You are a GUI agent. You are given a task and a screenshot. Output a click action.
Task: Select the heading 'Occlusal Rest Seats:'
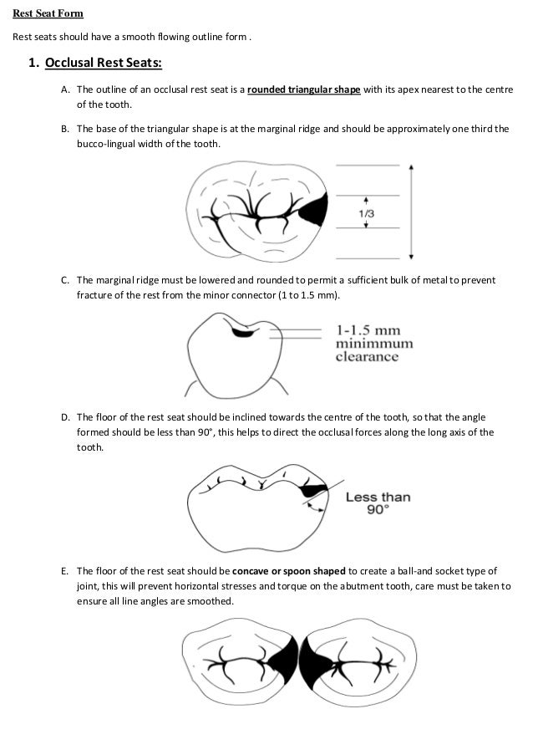pyautogui.click(x=101, y=64)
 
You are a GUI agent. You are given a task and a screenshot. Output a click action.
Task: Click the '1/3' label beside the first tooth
pyautogui.click(x=366, y=212)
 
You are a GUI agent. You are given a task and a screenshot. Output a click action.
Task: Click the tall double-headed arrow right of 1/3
pyautogui.click(x=411, y=212)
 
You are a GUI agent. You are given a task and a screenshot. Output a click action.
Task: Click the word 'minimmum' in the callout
pyautogui.click(x=375, y=343)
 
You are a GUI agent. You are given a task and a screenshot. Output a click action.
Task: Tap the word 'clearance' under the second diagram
pyautogui.click(x=367, y=357)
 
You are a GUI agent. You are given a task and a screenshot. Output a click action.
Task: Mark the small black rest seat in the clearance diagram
pyautogui.click(x=245, y=334)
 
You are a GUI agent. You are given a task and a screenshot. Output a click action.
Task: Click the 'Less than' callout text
pyautogui.click(x=378, y=497)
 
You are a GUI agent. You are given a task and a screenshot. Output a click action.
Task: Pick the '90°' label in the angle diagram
pyautogui.click(x=380, y=510)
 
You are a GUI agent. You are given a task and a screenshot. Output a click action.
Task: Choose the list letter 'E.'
pyautogui.click(x=65, y=570)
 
